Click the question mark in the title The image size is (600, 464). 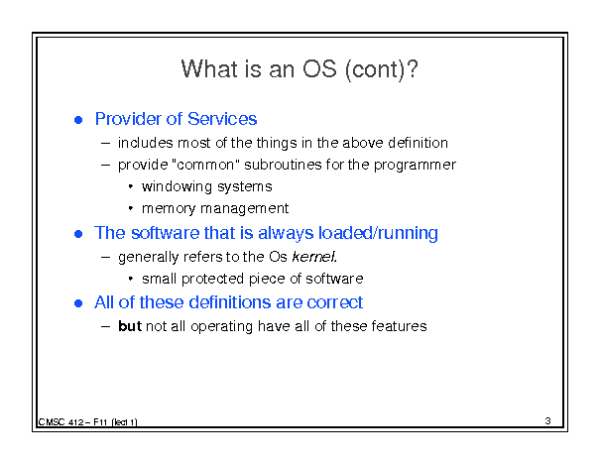[x=413, y=69]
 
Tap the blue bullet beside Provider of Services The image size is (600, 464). [x=78, y=120]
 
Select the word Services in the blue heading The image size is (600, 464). [x=222, y=119]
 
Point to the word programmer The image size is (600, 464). [x=415, y=166]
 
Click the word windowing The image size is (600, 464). [x=177, y=187]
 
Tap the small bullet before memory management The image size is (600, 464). [x=131, y=208]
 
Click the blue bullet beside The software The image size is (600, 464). [x=78, y=234]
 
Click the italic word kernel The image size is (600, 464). [x=314, y=256]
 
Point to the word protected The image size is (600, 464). [x=213, y=279]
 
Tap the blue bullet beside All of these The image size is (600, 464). [x=78, y=303]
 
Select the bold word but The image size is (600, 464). [x=130, y=326]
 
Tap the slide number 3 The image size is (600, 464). [x=547, y=420]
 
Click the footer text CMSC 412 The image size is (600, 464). [x=60, y=422]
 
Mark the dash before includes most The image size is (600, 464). [x=105, y=144]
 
